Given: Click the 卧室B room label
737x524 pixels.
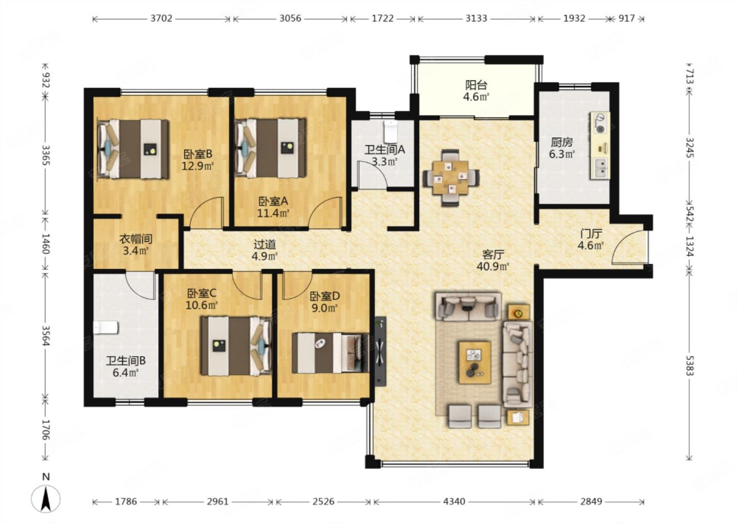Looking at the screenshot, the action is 198,154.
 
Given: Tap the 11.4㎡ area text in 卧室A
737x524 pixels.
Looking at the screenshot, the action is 273,213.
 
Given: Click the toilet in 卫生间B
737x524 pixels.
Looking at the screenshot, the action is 106,327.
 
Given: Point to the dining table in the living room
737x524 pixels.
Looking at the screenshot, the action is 450,178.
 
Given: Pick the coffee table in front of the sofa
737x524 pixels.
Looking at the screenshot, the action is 475,363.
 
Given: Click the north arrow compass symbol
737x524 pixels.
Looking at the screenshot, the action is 46,498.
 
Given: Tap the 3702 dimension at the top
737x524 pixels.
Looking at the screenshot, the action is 161,18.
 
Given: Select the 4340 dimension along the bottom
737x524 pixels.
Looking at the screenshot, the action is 454,501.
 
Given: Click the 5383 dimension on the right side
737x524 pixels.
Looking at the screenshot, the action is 689,365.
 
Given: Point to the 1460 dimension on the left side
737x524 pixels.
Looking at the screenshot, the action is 46,244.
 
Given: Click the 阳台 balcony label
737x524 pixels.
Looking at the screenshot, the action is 476,85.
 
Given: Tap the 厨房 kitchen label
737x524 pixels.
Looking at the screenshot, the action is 561,142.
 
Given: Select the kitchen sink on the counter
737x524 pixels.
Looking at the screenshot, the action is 601,167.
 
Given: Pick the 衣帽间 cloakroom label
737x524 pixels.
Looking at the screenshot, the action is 136,239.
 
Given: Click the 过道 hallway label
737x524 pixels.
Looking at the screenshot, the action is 265,244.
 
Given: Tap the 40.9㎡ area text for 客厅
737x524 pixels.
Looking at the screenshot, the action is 493,266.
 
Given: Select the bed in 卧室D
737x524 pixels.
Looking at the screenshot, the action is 330,353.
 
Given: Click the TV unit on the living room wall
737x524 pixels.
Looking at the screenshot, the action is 380,352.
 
